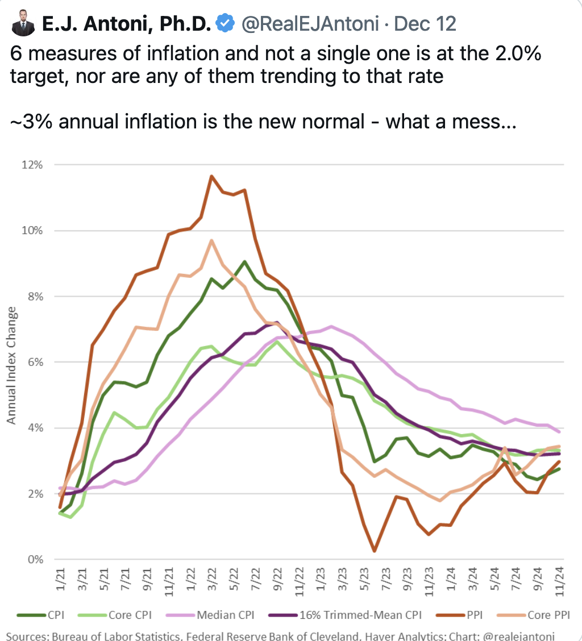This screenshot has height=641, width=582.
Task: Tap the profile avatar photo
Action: point(22,24)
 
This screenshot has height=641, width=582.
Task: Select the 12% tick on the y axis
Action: point(33,165)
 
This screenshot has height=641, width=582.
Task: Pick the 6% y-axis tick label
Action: point(35,362)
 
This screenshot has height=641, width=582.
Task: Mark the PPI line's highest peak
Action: point(211,176)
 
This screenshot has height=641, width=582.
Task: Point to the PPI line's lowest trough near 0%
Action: point(375,551)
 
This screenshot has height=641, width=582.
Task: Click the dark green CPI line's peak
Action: point(244,261)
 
